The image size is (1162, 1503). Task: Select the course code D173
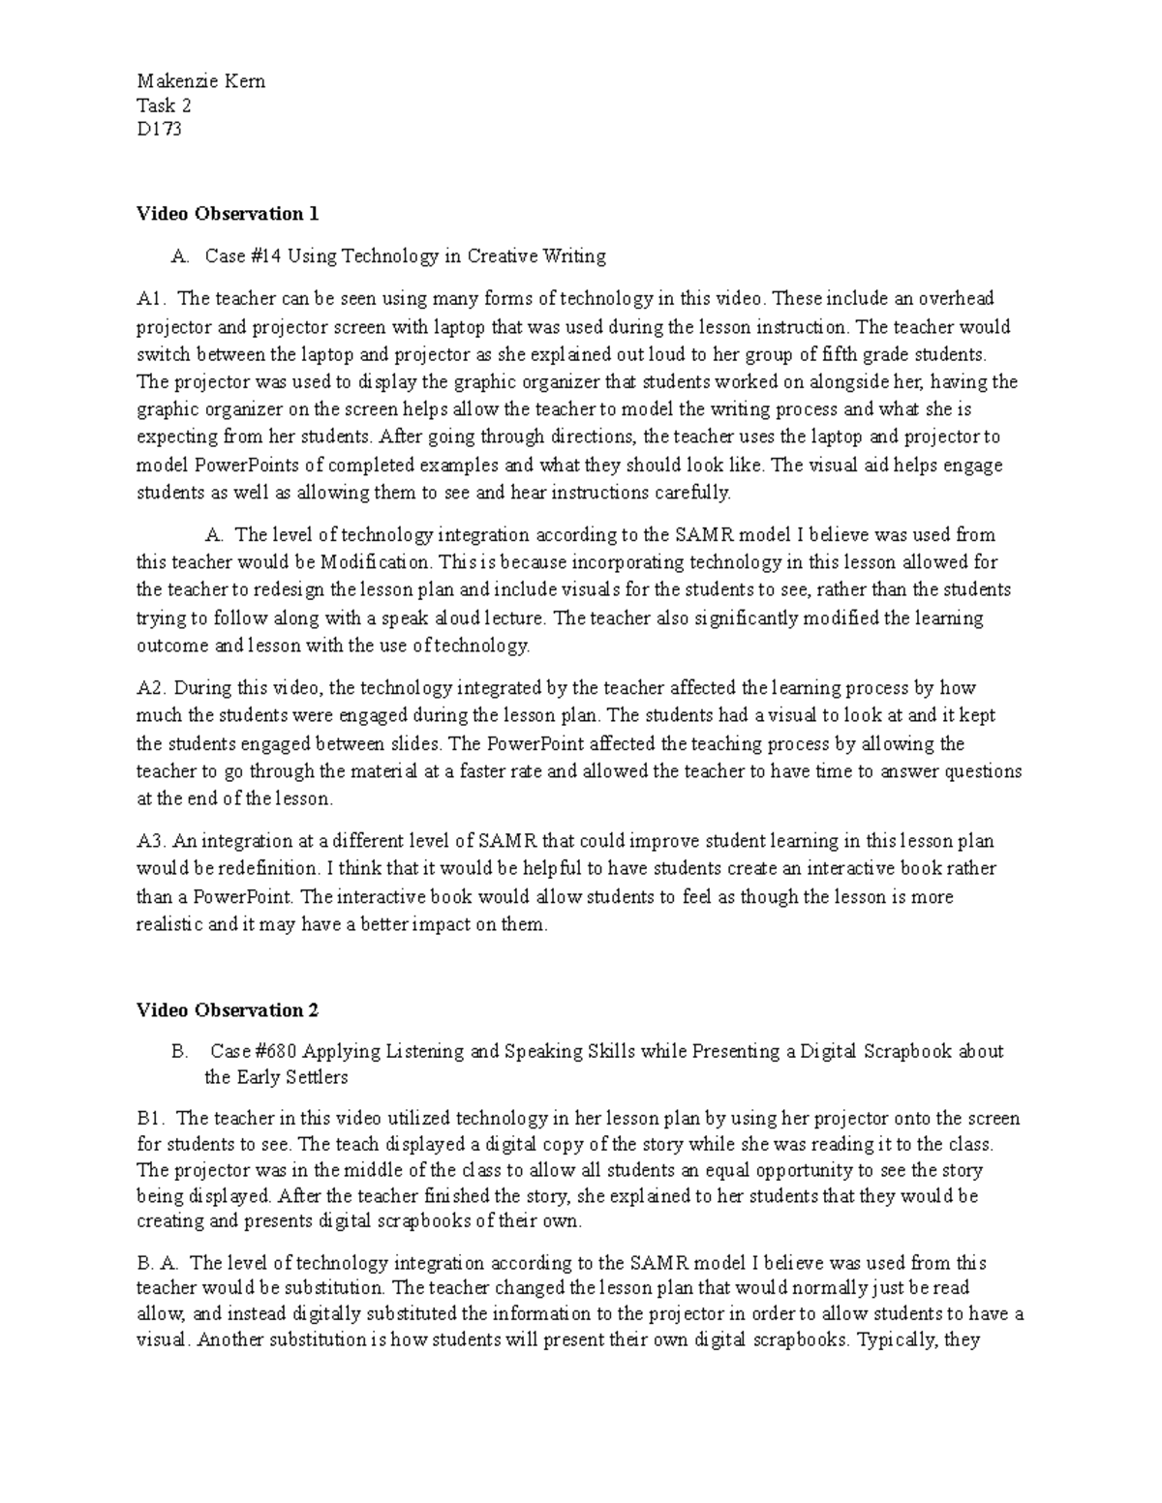[158, 129]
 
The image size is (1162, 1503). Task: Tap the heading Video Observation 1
[228, 214]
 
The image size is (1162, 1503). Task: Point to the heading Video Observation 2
[228, 1010]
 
